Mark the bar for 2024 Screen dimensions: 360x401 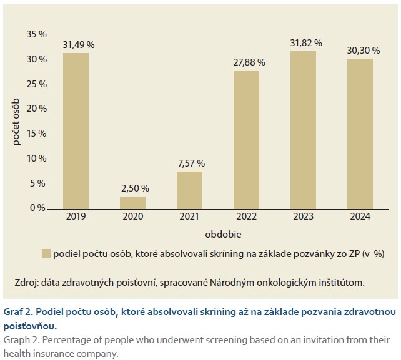click(360, 134)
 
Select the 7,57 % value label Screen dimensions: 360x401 click(191, 163)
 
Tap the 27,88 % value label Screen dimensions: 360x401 click(247, 62)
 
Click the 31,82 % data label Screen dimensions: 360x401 click(305, 43)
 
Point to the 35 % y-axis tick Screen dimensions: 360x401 click(37, 34)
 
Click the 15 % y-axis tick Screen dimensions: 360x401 click(37, 134)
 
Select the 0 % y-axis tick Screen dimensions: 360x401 click(39, 208)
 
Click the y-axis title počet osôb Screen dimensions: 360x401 click(17, 122)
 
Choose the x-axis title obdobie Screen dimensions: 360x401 click(224, 235)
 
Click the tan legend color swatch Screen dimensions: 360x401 click(46, 253)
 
